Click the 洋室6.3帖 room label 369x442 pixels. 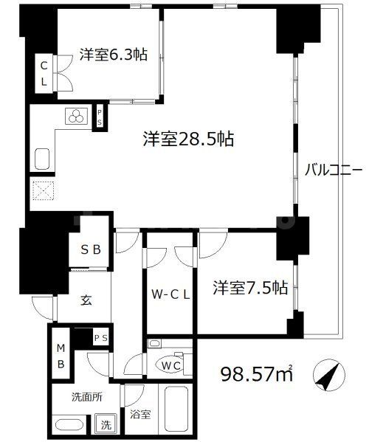click(112, 54)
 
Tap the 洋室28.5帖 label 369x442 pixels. click(189, 139)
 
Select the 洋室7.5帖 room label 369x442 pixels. click(251, 288)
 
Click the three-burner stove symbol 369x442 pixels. click(75, 116)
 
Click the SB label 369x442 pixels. click(90, 250)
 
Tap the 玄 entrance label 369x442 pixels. click(86, 300)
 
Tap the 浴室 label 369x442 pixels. click(140, 414)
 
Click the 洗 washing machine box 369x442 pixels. click(107, 424)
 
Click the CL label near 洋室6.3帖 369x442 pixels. click(44, 73)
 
